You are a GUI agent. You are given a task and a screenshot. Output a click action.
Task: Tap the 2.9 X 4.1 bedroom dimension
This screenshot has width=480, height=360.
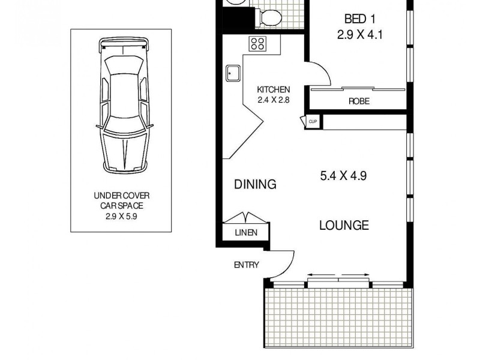[x=359, y=35]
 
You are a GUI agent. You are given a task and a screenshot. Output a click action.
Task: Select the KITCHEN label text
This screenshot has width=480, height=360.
[x=273, y=89]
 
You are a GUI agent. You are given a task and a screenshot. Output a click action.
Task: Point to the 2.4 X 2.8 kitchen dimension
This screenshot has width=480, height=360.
[x=273, y=100]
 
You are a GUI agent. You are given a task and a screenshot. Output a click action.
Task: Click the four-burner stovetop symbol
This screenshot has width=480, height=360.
[x=258, y=43]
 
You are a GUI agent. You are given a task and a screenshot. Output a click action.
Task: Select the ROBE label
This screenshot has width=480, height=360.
[x=359, y=101]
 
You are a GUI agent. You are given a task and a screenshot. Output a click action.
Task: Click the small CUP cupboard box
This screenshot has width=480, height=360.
[x=313, y=122]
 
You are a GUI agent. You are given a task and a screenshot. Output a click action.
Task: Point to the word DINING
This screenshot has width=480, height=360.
[x=255, y=184]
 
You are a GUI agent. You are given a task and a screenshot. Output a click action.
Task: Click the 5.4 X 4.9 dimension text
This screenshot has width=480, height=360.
[x=343, y=176]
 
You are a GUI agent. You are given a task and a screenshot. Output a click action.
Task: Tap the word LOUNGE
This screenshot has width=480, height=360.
[x=343, y=226]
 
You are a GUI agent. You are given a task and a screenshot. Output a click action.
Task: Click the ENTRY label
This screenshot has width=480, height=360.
[x=247, y=265]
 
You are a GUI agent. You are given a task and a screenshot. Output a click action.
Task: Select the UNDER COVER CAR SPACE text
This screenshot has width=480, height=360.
[x=121, y=200]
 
